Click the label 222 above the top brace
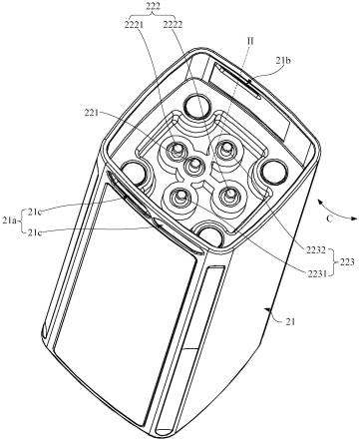point(151,6)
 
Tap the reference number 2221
point(134,25)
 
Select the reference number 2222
point(173,25)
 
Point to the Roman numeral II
point(249,41)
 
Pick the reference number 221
point(92,113)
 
